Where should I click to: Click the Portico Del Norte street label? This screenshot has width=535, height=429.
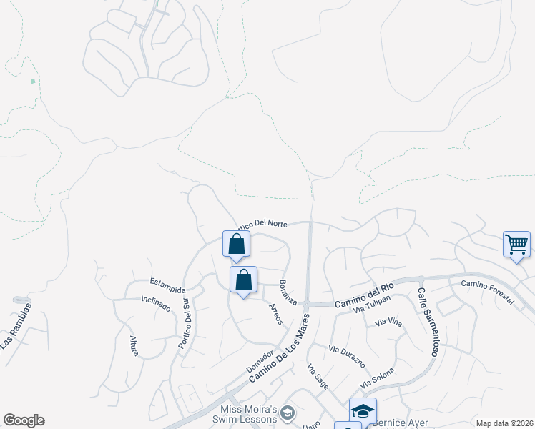click(262, 224)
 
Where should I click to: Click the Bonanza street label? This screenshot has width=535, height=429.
click(288, 292)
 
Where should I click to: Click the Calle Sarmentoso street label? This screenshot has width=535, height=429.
click(428, 322)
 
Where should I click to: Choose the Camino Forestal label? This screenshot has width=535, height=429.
click(487, 292)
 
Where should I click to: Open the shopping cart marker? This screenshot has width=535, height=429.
click(516, 245)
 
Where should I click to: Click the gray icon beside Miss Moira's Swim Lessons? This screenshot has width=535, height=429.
click(287, 412)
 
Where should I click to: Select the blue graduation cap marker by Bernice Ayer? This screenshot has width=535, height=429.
click(363, 410)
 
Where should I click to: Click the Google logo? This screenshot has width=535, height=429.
click(24, 420)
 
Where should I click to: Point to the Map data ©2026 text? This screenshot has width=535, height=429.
click(504, 423)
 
